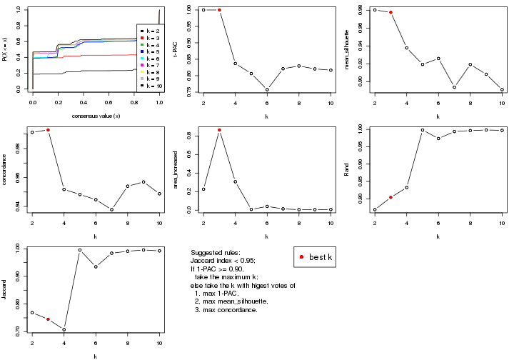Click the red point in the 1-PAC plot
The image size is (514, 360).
[219, 10]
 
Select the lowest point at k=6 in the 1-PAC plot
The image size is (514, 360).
[267, 90]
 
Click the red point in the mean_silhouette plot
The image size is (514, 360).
[390, 13]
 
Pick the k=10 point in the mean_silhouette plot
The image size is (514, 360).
[502, 90]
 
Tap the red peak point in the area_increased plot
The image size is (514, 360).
[219, 130]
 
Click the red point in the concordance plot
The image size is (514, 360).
[48, 130]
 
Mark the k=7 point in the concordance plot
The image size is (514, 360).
[111, 209]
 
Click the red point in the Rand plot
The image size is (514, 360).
[390, 197]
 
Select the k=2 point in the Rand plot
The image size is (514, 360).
[375, 209]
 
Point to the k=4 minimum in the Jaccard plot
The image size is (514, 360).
[64, 329]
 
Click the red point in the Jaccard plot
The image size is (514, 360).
[48, 319]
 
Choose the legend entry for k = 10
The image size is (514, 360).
[150, 85]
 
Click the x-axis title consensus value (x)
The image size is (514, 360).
[96, 116]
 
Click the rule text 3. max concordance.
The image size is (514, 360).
[226, 310]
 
